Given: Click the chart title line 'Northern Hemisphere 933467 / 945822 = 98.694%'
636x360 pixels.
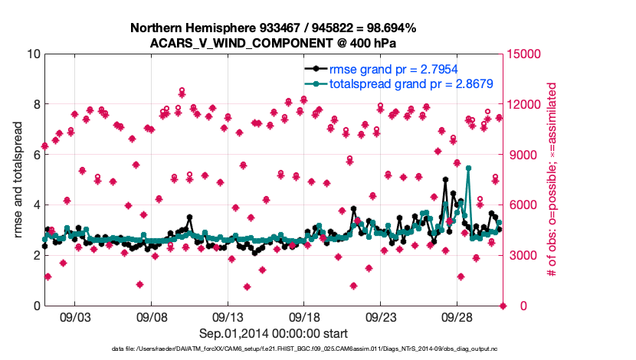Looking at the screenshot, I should point(274,28).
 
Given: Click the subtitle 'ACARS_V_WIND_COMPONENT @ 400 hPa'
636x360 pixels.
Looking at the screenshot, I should point(274,43).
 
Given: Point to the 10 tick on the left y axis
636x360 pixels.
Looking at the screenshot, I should point(33,54).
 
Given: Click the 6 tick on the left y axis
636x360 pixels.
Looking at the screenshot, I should point(36,155).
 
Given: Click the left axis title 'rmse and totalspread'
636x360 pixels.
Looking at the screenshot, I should point(17,180).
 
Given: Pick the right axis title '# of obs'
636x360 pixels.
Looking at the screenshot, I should point(550,180).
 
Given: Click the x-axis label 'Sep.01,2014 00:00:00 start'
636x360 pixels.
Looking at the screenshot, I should point(274,333).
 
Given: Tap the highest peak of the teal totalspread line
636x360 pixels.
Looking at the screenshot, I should point(468,168).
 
